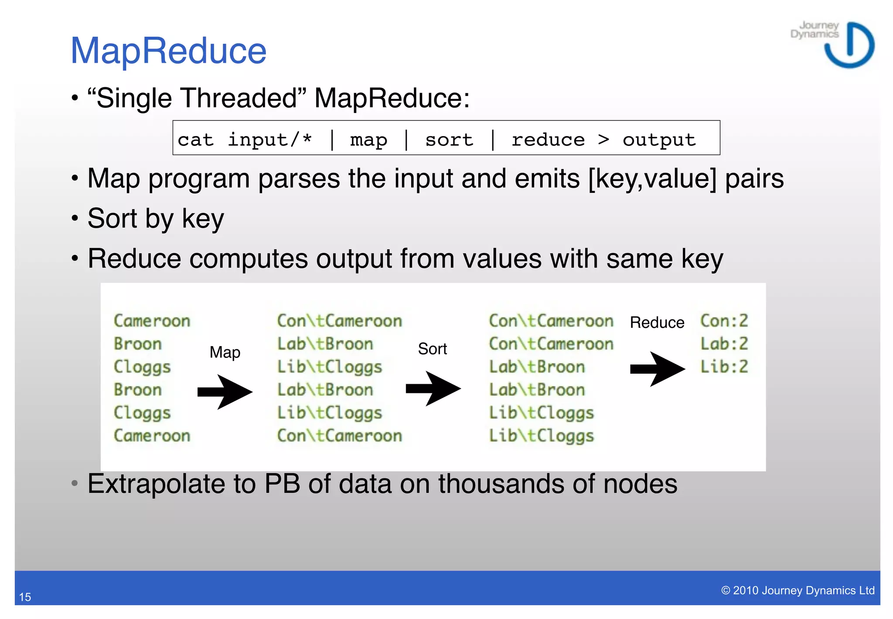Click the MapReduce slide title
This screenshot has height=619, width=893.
(168, 51)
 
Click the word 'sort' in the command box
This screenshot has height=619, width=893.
(449, 140)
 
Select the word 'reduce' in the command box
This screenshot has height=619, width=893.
(548, 140)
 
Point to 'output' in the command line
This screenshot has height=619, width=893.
(659, 140)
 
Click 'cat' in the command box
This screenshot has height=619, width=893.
(195, 140)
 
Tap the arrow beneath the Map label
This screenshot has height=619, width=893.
(225, 392)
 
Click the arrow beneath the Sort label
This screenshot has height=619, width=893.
(433, 388)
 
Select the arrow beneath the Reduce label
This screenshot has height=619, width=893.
(657, 369)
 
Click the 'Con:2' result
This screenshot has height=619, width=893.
(724, 321)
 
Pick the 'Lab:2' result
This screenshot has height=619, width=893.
(724, 344)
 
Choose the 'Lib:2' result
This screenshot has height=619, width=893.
(724, 367)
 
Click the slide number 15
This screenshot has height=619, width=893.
(25, 597)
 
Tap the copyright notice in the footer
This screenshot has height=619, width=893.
(798, 590)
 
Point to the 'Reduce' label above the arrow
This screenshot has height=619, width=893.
(657, 323)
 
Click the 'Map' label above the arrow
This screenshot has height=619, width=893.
(225, 352)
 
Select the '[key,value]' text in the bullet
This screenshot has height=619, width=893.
(652, 179)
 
